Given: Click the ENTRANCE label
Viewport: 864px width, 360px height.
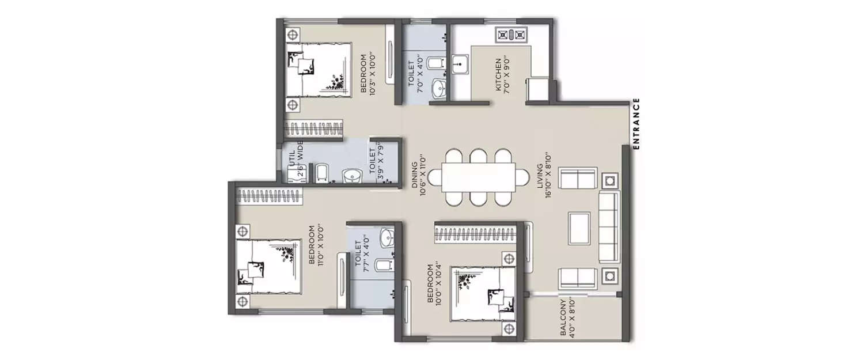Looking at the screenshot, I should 636,124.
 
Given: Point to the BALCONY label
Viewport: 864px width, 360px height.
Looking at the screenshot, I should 568,319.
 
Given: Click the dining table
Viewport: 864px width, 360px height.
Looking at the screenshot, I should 478,177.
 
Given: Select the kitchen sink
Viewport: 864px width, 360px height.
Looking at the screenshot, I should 460,66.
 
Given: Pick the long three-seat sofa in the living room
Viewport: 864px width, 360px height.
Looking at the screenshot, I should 608,228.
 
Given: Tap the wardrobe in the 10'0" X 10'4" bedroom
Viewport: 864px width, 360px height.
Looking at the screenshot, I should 476,233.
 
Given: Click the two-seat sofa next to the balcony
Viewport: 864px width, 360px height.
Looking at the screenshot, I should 578,277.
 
